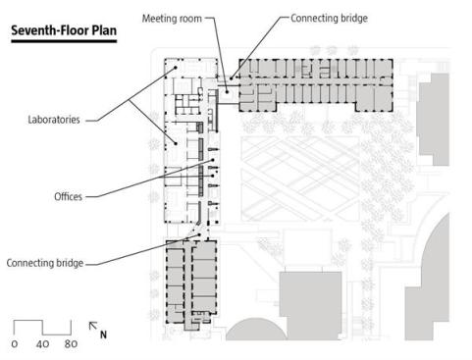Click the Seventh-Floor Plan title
64,30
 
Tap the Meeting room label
172,19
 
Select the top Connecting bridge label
329,18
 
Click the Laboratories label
54,120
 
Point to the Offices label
68,196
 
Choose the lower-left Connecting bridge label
45,263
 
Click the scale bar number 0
15,343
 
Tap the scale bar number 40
42,343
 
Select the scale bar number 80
71,343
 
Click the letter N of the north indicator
103,334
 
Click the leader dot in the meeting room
227,92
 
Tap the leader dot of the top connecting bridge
231,78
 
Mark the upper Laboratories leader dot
176,68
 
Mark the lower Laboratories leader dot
176,143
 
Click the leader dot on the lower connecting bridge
198,234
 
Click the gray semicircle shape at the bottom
256,332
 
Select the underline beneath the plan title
64,41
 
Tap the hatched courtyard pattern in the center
300,179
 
